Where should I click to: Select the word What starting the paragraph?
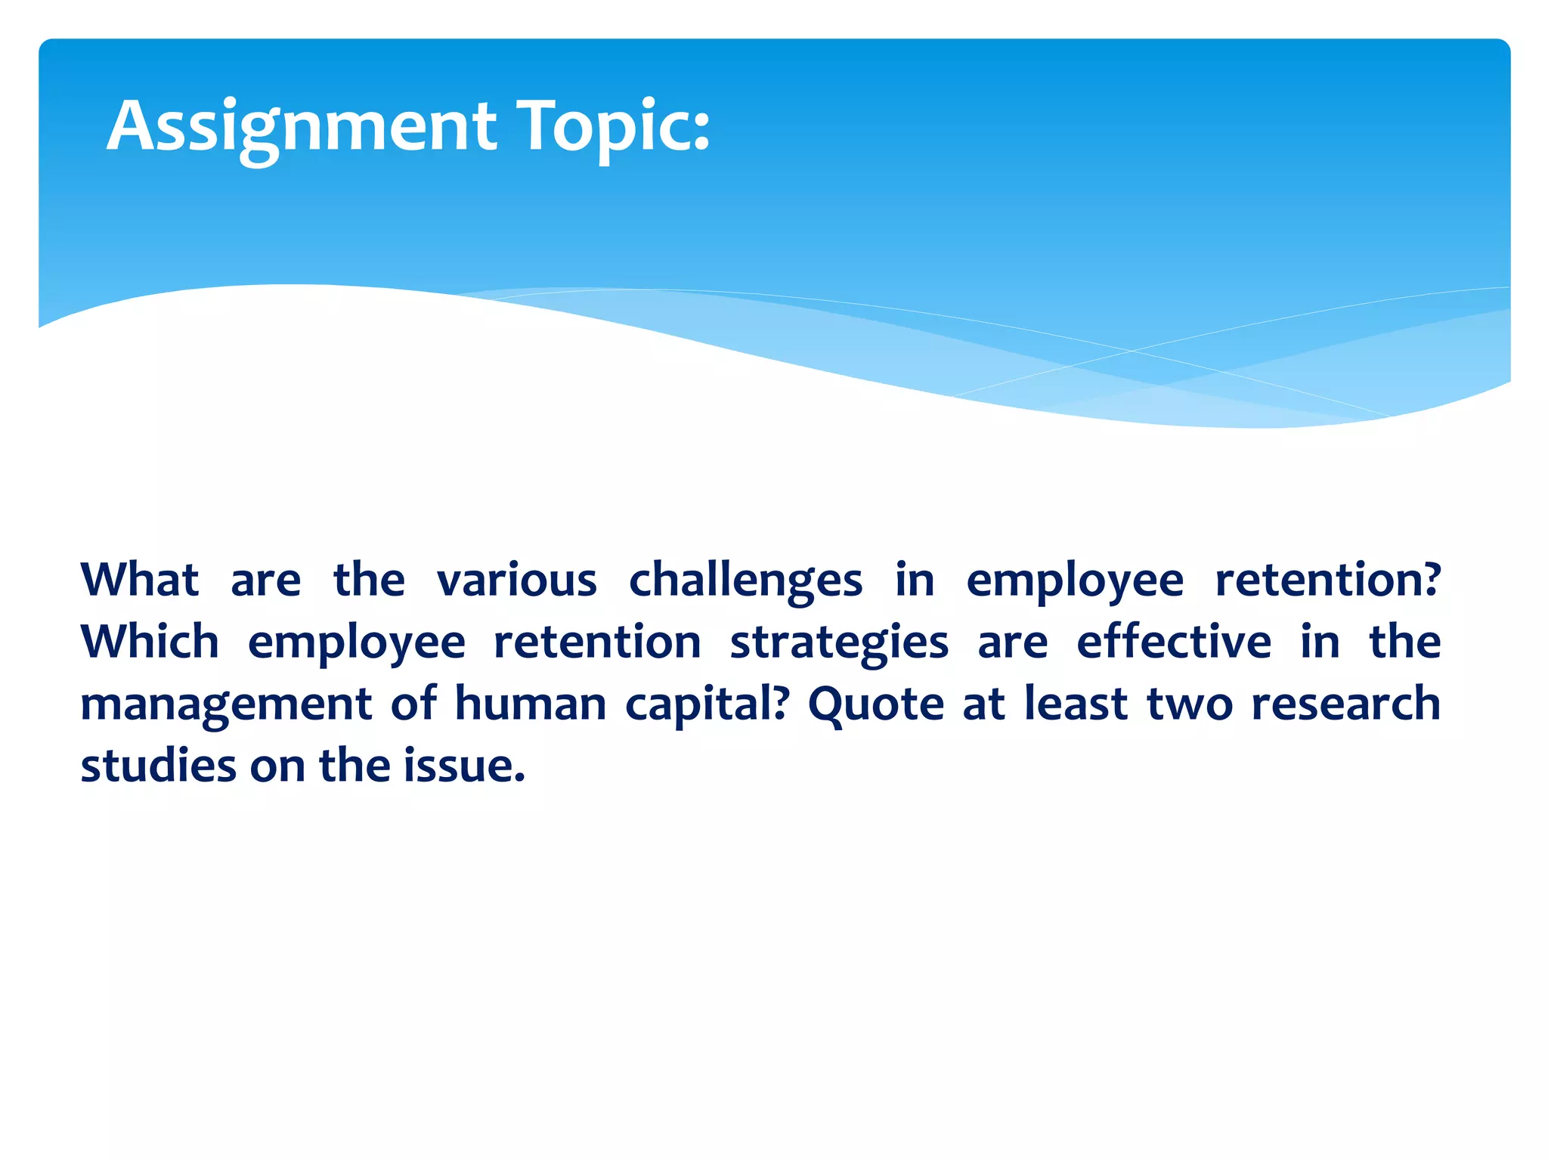tap(139, 580)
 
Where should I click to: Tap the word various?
tap(517, 580)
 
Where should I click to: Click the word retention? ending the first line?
tap(1327, 580)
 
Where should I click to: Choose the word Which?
tap(150, 642)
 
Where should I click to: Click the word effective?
tap(1174, 642)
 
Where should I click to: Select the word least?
tap(1076, 704)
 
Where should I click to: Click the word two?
tap(1190, 704)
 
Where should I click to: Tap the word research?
tap(1345, 704)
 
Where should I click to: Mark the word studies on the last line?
tap(158, 766)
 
